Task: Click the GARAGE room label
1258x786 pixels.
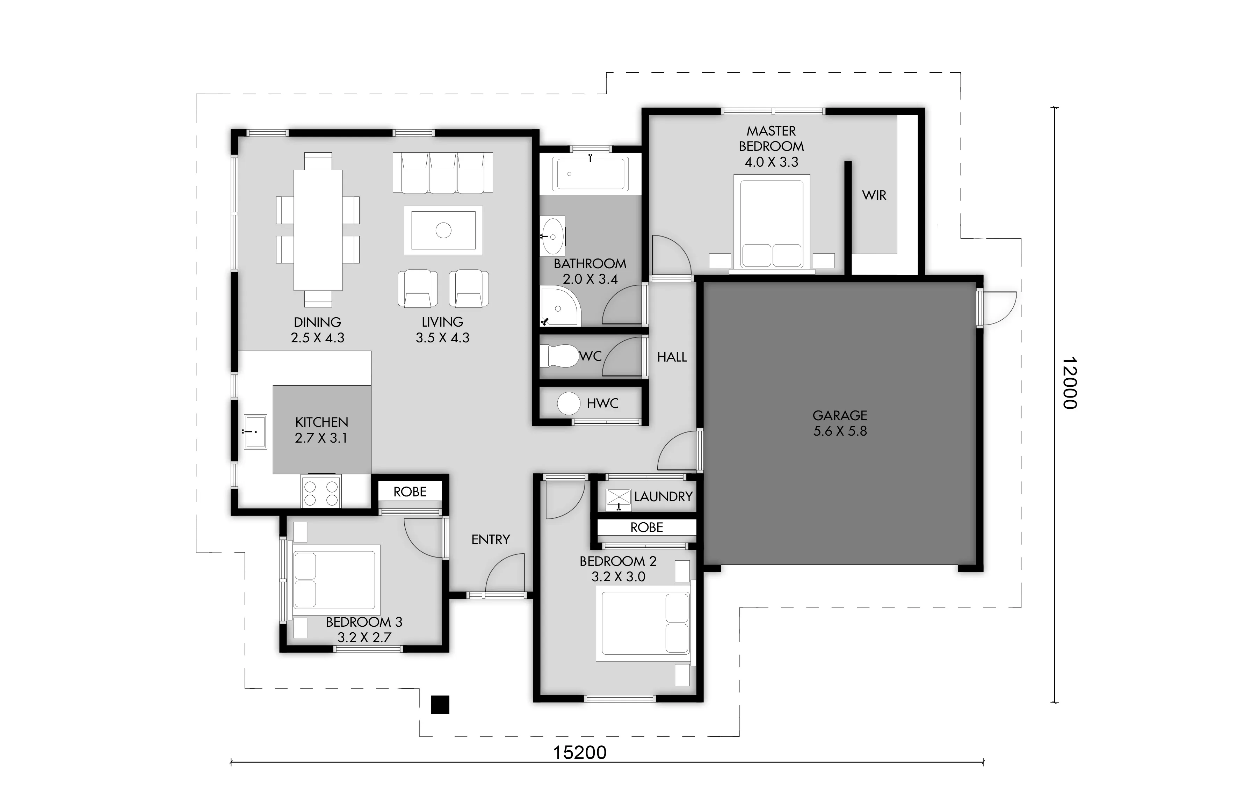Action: [x=839, y=415]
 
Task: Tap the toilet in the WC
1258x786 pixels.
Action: [x=559, y=356]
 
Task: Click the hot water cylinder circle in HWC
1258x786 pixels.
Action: [x=568, y=403]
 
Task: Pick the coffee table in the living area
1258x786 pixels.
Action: [x=443, y=230]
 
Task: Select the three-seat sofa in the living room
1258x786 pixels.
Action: [x=442, y=173]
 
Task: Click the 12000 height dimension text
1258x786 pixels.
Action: [x=1069, y=383]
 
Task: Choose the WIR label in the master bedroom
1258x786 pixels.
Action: [x=874, y=196]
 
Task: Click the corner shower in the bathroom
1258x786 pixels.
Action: [x=560, y=306]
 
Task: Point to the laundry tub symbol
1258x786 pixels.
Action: [x=619, y=499]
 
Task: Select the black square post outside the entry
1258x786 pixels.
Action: [x=440, y=704]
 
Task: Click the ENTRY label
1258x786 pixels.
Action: [x=490, y=540]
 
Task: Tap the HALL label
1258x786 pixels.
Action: [x=672, y=357]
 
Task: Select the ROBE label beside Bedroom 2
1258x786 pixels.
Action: [x=647, y=527]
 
